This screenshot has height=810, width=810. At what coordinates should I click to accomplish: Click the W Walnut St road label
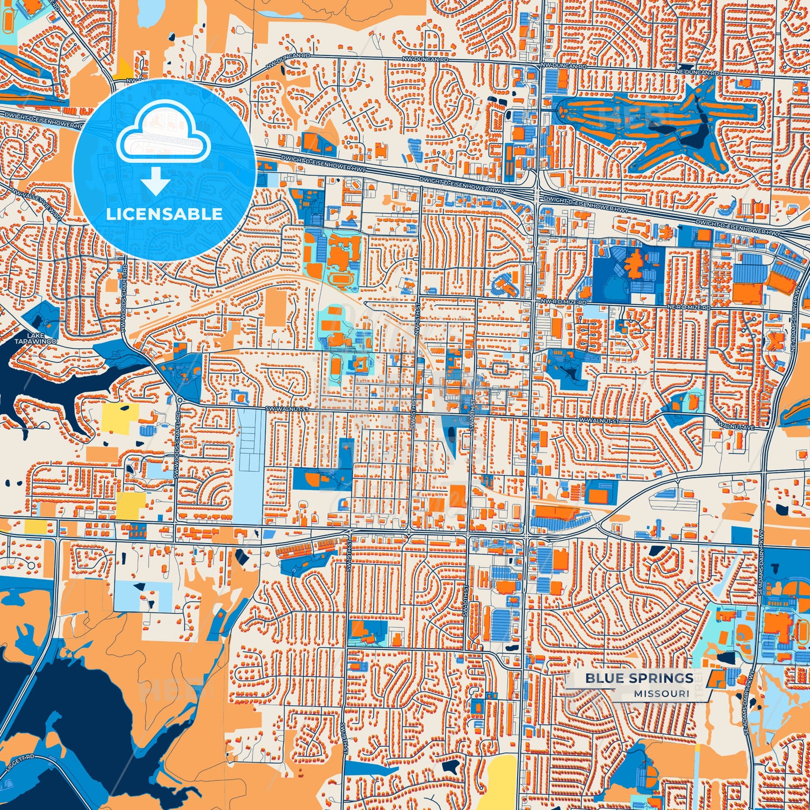click(x=599, y=420)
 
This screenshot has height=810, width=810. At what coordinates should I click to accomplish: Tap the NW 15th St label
click(x=417, y=324)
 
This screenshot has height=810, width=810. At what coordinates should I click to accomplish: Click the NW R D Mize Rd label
click(x=563, y=302)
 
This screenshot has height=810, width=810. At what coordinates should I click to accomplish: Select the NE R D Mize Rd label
click(x=688, y=308)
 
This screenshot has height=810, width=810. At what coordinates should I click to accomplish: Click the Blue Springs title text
click(x=639, y=678)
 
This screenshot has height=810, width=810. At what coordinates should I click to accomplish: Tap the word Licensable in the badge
click(x=164, y=214)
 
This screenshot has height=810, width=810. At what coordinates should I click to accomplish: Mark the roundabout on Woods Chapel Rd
click(x=179, y=400)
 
